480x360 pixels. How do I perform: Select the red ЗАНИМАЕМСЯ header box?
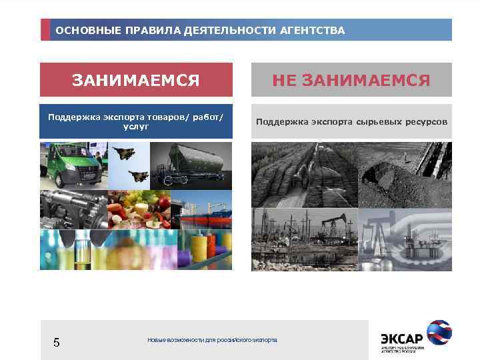[x=136, y=81]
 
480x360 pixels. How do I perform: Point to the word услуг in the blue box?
[x=135, y=127]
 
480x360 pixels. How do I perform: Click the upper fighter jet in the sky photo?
[x=125, y=153]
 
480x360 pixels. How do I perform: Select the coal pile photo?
[x=405, y=175]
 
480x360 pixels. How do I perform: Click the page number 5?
[x=57, y=343]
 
